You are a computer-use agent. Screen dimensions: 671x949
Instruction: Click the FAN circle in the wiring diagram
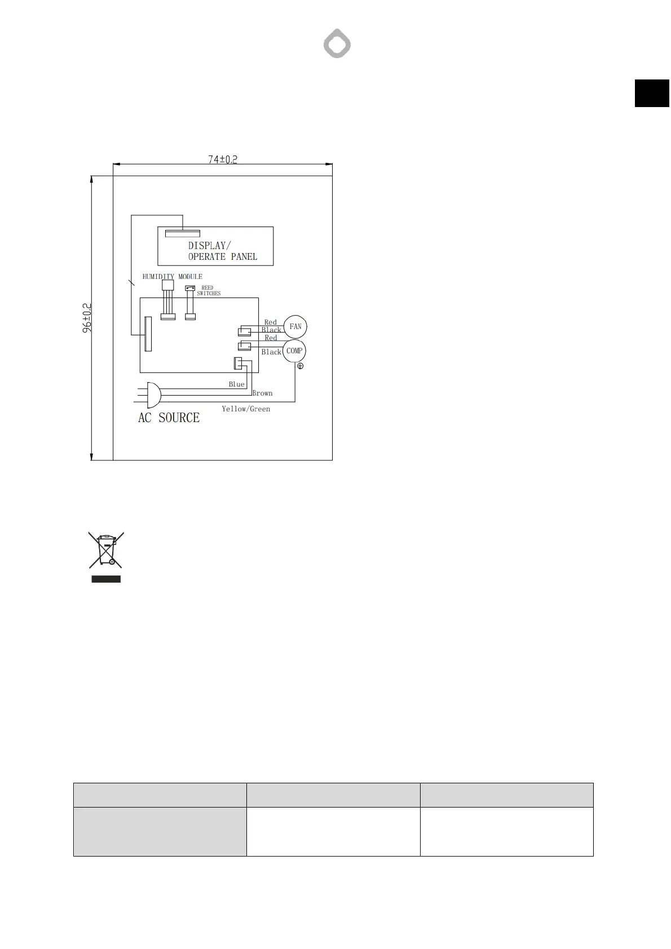pos(295,327)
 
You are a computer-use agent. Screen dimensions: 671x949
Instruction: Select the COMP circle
pos(294,351)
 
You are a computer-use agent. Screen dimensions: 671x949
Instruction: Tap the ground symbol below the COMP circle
pos(300,366)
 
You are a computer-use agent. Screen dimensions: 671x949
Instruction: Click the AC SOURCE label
pos(169,418)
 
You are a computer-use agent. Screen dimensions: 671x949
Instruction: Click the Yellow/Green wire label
pos(246,409)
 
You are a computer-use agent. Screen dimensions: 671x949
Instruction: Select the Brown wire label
pos(262,393)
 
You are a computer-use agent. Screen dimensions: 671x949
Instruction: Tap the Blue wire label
pos(237,384)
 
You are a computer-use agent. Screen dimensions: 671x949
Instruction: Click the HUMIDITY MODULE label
pos(172,277)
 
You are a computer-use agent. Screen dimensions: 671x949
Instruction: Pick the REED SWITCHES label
pos(209,291)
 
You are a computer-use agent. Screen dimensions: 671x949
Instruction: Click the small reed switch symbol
pos(190,289)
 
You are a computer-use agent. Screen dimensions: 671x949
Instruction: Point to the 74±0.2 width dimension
pos(223,159)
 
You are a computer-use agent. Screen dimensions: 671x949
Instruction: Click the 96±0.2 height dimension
pos(87,318)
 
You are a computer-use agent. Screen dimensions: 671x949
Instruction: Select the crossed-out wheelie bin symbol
pos(106,549)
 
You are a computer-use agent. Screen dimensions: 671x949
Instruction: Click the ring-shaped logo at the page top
pos(337,45)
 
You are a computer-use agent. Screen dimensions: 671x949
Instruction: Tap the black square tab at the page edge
pos(652,93)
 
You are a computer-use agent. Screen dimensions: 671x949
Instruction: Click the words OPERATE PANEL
pos(223,257)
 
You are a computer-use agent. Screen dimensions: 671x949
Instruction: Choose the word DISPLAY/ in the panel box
pos(209,246)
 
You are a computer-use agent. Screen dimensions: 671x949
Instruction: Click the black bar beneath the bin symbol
pos(106,579)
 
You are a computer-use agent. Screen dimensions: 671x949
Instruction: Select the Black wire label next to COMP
pos(271,352)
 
